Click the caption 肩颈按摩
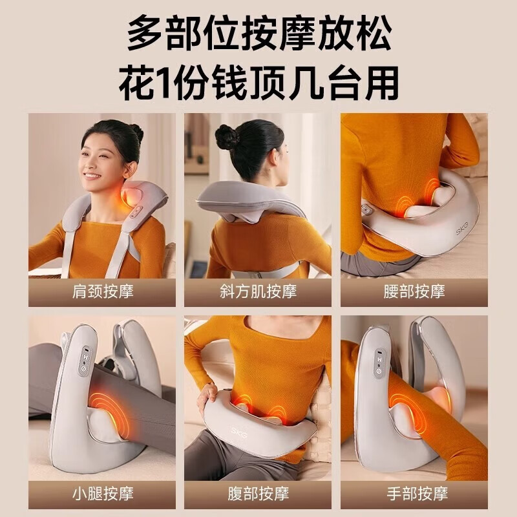pyautogui.click(x=102, y=291)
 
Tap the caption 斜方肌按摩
pyautogui.click(x=258, y=291)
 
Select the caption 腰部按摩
pyautogui.click(x=414, y=291)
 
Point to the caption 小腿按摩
pyautogui.click(x=102, y=494)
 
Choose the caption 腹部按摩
pyautogui.click(x=258, y=494)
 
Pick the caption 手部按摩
pyautogui.click(x=414, y=494)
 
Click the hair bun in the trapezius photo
pyautogui.click(x=227, y=137)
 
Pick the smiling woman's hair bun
pyautogui.click(x=136, y=132)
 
